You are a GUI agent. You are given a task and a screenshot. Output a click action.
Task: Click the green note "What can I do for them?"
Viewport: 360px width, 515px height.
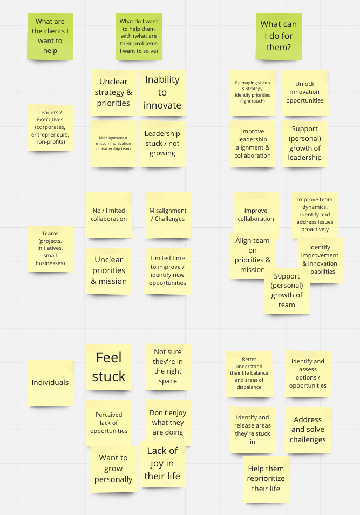279,36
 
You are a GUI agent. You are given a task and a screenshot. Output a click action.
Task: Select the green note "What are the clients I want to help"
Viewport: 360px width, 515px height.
50,37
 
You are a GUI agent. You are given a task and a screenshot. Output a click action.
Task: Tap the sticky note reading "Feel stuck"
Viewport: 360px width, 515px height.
108,367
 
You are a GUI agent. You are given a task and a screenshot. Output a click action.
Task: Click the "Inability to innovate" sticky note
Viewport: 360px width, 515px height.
162,92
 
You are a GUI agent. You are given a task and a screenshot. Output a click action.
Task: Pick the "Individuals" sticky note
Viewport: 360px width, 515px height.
50,382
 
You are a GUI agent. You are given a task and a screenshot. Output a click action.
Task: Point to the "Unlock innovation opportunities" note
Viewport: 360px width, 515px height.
305,92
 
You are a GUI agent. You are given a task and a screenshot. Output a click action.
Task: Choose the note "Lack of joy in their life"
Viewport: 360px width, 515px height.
162,463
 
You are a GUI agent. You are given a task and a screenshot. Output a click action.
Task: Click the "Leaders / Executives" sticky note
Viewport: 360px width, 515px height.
50,128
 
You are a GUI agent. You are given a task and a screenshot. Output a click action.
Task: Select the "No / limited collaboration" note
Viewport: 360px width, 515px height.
108,214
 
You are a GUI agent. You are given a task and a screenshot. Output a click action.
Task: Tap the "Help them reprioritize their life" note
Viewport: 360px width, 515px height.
266,479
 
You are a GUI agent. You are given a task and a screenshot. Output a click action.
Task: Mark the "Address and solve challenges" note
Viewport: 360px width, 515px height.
308,429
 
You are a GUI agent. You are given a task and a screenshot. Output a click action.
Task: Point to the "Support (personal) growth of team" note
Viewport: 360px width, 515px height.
287,292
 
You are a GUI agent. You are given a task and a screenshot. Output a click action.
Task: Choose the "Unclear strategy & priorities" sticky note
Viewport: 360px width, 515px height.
113,92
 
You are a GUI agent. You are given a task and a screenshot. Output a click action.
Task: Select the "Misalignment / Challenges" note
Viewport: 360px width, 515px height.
167,214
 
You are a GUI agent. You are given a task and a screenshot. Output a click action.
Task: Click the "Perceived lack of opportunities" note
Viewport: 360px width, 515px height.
108,423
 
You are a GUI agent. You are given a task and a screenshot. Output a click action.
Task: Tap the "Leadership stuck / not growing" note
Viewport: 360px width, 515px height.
162,143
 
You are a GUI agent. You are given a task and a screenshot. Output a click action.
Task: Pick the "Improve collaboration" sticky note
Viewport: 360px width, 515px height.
256,214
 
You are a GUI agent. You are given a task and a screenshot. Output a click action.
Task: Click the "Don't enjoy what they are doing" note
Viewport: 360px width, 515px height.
167,422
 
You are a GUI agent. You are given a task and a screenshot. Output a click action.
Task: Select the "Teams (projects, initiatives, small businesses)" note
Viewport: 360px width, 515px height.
50,248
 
